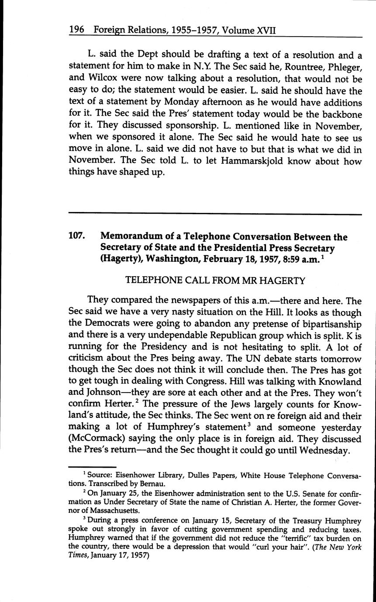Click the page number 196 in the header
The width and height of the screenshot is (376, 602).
pyautogui.click(x=77, y=31)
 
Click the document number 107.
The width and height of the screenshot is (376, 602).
pyautogui.click(x=76, y=237)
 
